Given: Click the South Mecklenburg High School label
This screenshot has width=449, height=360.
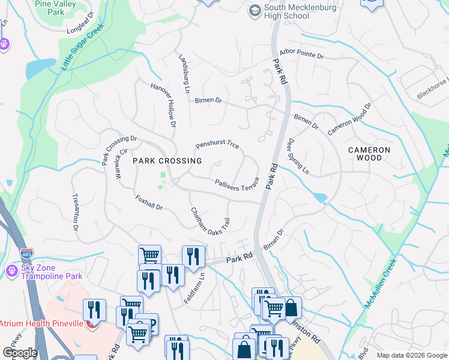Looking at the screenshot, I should [x=296, y=11].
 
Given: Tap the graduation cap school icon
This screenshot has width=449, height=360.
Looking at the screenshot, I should [x=255, y=10].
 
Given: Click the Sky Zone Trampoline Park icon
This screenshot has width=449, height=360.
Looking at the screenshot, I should [x=11, y=272].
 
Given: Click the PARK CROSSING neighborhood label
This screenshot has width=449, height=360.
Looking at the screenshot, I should [x=167, y=161].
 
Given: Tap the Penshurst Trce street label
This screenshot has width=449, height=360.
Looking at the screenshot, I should [x=217, y=145].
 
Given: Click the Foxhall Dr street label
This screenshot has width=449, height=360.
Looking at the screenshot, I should [x=149, y=202].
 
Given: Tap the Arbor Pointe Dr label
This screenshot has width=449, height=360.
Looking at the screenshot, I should [x=301, y=55].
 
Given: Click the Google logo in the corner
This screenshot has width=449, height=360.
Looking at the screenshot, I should [x=20, y=353].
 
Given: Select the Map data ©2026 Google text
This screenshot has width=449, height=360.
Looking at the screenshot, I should [x=411, y=355].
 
